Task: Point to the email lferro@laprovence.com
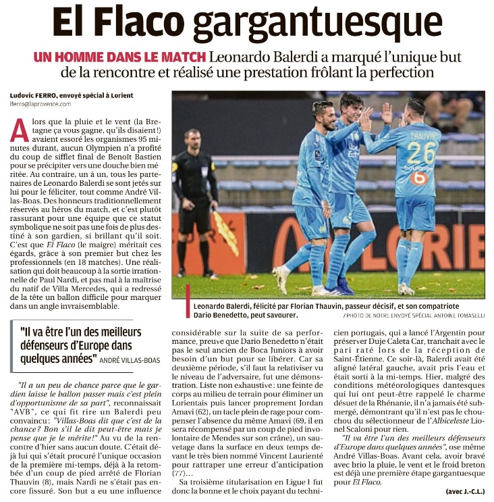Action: click(40, 104)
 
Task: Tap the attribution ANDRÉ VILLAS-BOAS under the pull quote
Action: click(128, 360)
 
